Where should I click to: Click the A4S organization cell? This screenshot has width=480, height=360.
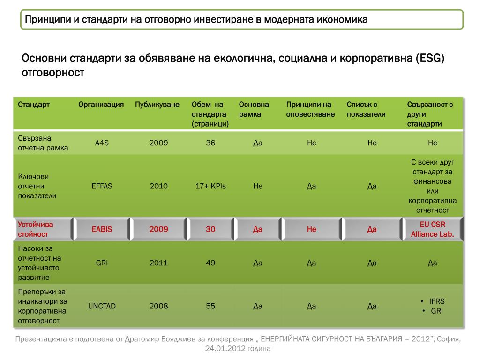pos(102,143)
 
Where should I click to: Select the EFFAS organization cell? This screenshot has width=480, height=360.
pos(102,186)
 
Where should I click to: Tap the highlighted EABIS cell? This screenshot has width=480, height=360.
pos(102,229)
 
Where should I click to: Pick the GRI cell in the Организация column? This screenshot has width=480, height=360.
pos(102,263)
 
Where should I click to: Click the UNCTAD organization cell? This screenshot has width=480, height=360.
pos(102,306)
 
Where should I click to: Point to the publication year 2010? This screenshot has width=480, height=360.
pos(158,186)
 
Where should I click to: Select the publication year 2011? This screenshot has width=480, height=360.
pos(158,263)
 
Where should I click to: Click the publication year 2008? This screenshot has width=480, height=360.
pos(158,306)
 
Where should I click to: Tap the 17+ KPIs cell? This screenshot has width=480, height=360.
pos(210,186)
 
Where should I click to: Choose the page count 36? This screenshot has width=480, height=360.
pos(210,143)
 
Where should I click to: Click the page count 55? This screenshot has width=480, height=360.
pos(210,306)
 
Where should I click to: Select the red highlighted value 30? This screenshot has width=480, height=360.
pos(210,229)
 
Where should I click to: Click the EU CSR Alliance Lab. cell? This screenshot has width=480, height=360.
pos(432,229)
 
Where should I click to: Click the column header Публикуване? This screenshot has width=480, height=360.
pos(157,105)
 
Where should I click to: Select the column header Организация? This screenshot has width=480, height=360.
pos(101,105)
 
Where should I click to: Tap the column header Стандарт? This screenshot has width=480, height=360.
pos(34,105)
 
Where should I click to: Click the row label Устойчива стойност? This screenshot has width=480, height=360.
pos(36,229)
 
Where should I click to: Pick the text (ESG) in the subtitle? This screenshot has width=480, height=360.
pos(429,59)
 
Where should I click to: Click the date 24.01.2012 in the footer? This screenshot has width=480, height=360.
pos(222,349)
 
